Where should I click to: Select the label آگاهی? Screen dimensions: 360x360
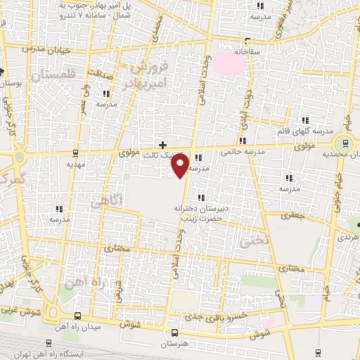pos(108,201)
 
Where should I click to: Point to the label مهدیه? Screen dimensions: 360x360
pos(76,164)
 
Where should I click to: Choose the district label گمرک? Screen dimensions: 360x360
pos(13,180)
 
